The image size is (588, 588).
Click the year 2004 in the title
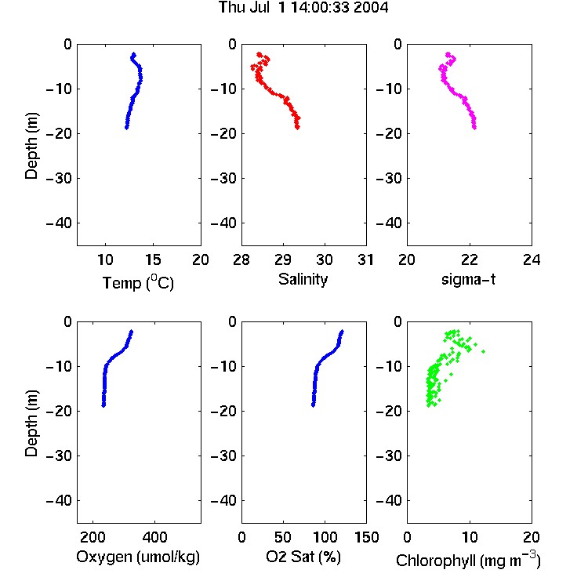371,8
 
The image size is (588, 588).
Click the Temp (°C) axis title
138,282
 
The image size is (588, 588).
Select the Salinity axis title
303,280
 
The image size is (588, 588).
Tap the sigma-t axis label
468,279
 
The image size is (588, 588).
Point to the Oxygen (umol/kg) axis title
138,557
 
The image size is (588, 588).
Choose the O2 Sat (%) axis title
303,557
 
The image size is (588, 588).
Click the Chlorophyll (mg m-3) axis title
468,560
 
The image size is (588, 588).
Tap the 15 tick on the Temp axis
153,260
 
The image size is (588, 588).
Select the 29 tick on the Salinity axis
283,260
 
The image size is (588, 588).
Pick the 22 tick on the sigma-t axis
469,260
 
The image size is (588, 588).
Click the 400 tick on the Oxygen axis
154,537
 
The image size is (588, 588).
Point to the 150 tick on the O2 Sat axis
366,537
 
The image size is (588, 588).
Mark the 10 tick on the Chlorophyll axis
469,537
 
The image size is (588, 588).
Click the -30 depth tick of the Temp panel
59,178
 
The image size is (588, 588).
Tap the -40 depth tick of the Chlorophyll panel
389,500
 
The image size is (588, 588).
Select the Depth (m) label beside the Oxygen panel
31,423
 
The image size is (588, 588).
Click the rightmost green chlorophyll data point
484,351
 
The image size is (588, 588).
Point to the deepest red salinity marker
297,128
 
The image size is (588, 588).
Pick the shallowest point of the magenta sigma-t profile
448,54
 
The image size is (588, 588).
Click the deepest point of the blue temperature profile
127,128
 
